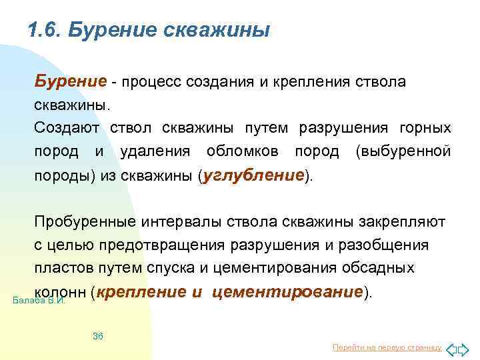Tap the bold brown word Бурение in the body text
pos(71,81)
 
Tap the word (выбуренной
pos(403,151)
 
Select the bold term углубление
pos(254,175)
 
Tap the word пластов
pos(59,268)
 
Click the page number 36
pos(97,335)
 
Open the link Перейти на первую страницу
pos(387,347)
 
